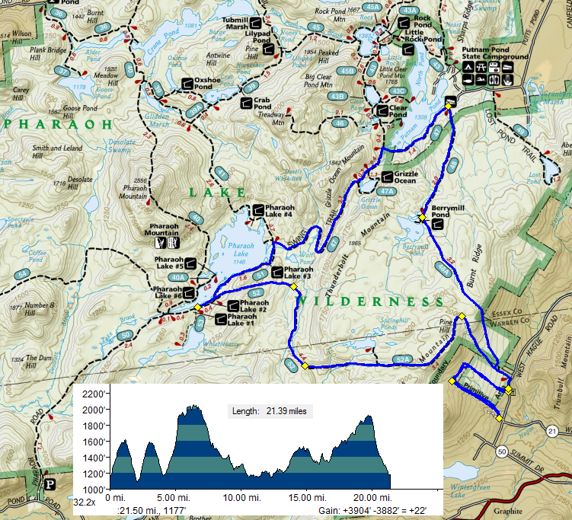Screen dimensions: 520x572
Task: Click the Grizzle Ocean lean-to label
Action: tap(405, 177)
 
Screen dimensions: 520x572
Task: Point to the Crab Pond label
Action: tap(261, 104)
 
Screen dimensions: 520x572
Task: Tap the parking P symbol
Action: tap(50, 483)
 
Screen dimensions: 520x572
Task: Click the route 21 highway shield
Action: tap(552, 432)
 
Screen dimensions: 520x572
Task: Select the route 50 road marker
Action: tap(500, 451)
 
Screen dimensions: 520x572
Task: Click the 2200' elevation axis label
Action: tap(94, 394)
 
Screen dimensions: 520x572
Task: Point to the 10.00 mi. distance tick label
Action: tap(244, 496)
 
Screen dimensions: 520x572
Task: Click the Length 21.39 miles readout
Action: tap(272, 411)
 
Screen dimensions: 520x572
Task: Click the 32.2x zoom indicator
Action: tap(84, 502)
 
